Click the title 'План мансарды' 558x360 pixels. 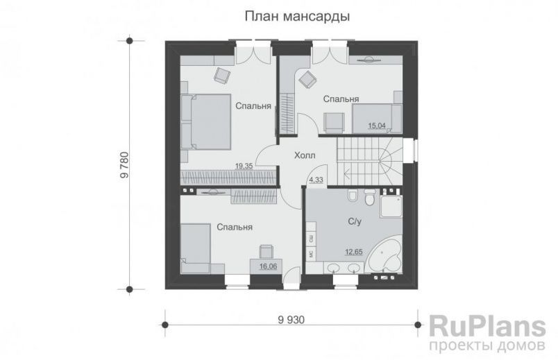tap(296, 16)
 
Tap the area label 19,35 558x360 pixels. tap(244, 166)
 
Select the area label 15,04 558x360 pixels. tap(377, 126)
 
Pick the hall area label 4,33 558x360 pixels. tap(316, 180)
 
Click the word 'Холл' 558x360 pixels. tap(305, 156)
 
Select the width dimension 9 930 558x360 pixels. tap(291, 319)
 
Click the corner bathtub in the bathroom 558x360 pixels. tap(386, 258)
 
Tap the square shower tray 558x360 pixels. tap(393, 203)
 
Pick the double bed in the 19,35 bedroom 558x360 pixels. tap(207, 121)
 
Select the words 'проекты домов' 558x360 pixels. tap(484, 345)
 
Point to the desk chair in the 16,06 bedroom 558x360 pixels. tap(266, 250)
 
